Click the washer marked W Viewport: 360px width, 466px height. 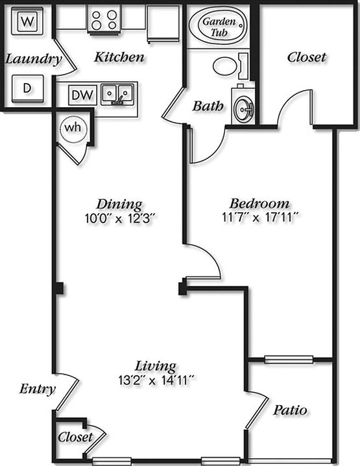(28, 21)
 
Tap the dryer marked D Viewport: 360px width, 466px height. (28, 88)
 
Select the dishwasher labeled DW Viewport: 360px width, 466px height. (82, 95)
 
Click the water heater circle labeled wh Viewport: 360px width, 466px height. (73, 129)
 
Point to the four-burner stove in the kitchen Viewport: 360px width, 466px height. (104, 19)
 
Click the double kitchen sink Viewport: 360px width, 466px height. (117, 94)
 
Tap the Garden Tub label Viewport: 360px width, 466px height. (219, 27)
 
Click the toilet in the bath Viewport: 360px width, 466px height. (230, 66)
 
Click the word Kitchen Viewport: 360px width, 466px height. (119, 56)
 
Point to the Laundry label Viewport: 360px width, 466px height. (34, 59)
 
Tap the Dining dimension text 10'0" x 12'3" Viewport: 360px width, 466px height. (120, 219)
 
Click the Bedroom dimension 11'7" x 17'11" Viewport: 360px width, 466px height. (259, 217)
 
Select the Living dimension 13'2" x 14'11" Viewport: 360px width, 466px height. (156, 380)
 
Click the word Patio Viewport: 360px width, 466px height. (290, 410)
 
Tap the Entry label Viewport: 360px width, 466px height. (38, 389)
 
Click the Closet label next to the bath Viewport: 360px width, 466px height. (307, 57)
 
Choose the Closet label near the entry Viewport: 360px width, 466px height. (75, 437)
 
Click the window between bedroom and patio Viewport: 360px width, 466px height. (289, 360)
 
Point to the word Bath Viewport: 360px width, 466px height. (208, 106)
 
